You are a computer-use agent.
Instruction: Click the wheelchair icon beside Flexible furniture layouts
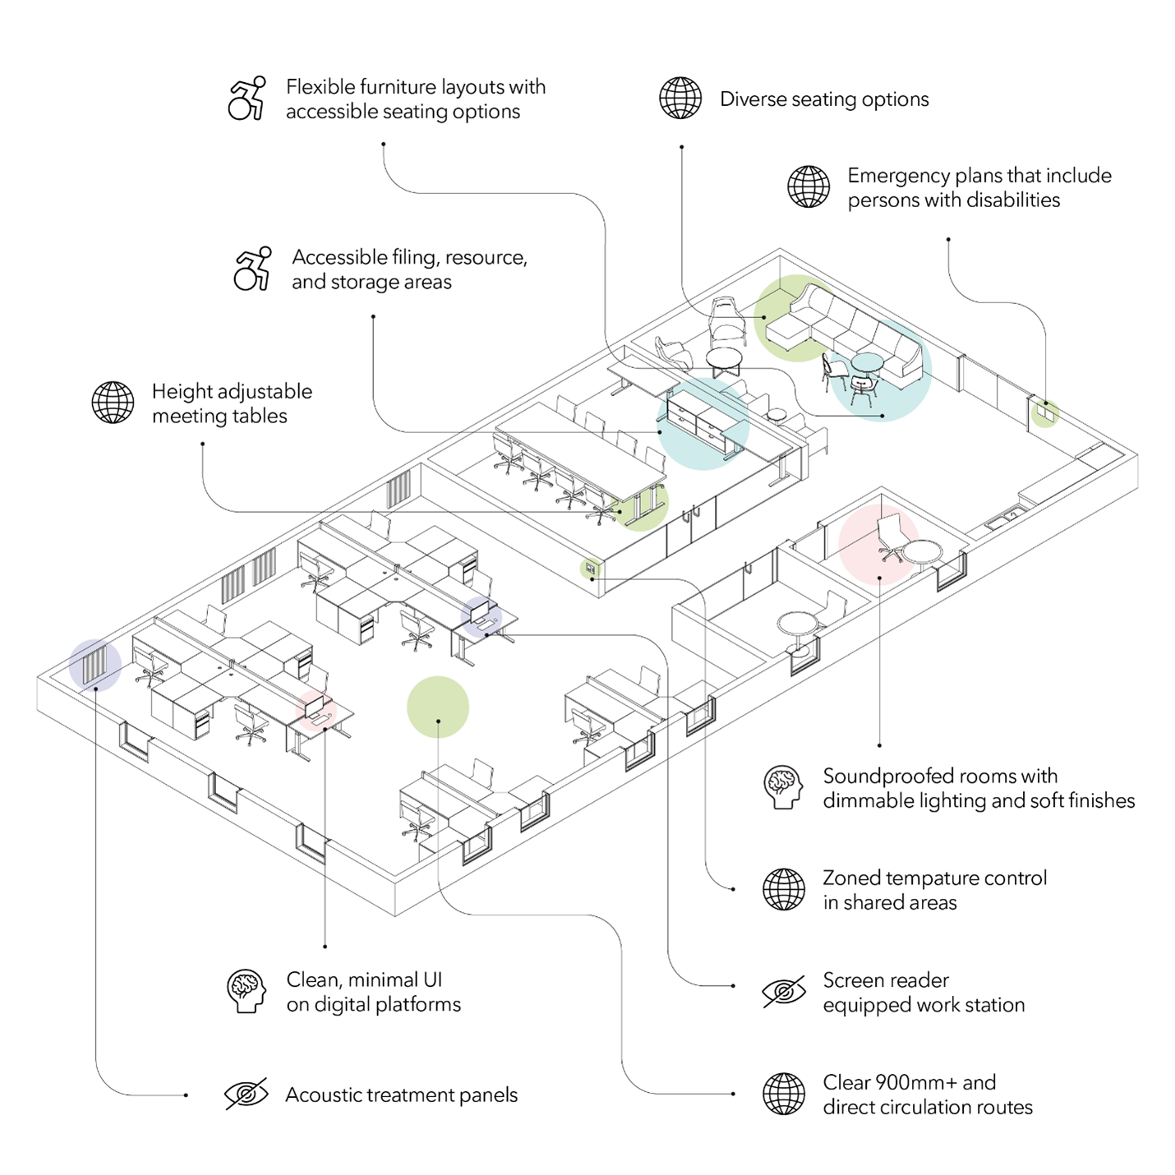[x=247, y=99]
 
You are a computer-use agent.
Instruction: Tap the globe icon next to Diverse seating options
[x=680, y=99]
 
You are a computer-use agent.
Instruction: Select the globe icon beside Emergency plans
[x=809, y=187]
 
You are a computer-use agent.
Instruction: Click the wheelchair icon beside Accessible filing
[x=252, y=269]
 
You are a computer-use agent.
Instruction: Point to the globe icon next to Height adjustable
[x=113, y=403]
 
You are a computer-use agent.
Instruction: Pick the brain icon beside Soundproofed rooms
[x=783, y=787]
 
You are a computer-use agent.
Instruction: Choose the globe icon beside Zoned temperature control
[x=784, y=889]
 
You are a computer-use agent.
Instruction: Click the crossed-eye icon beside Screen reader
[x=784, y=992]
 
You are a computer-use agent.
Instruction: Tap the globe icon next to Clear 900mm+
[x=784, y=1094]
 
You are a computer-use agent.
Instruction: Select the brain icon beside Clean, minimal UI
[x=247, y=991]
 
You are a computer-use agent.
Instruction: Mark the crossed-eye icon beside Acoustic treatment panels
[x=247, y=1094]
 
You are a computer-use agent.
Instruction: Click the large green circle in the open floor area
[x=438, y=707]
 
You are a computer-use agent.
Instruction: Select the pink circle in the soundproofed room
[x=878, y=545]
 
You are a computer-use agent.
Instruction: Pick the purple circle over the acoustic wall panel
[x=95, y=664]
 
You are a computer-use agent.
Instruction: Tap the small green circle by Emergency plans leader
[x=1044, y=414]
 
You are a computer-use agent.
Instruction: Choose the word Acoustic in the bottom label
[x=323, y=1095]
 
